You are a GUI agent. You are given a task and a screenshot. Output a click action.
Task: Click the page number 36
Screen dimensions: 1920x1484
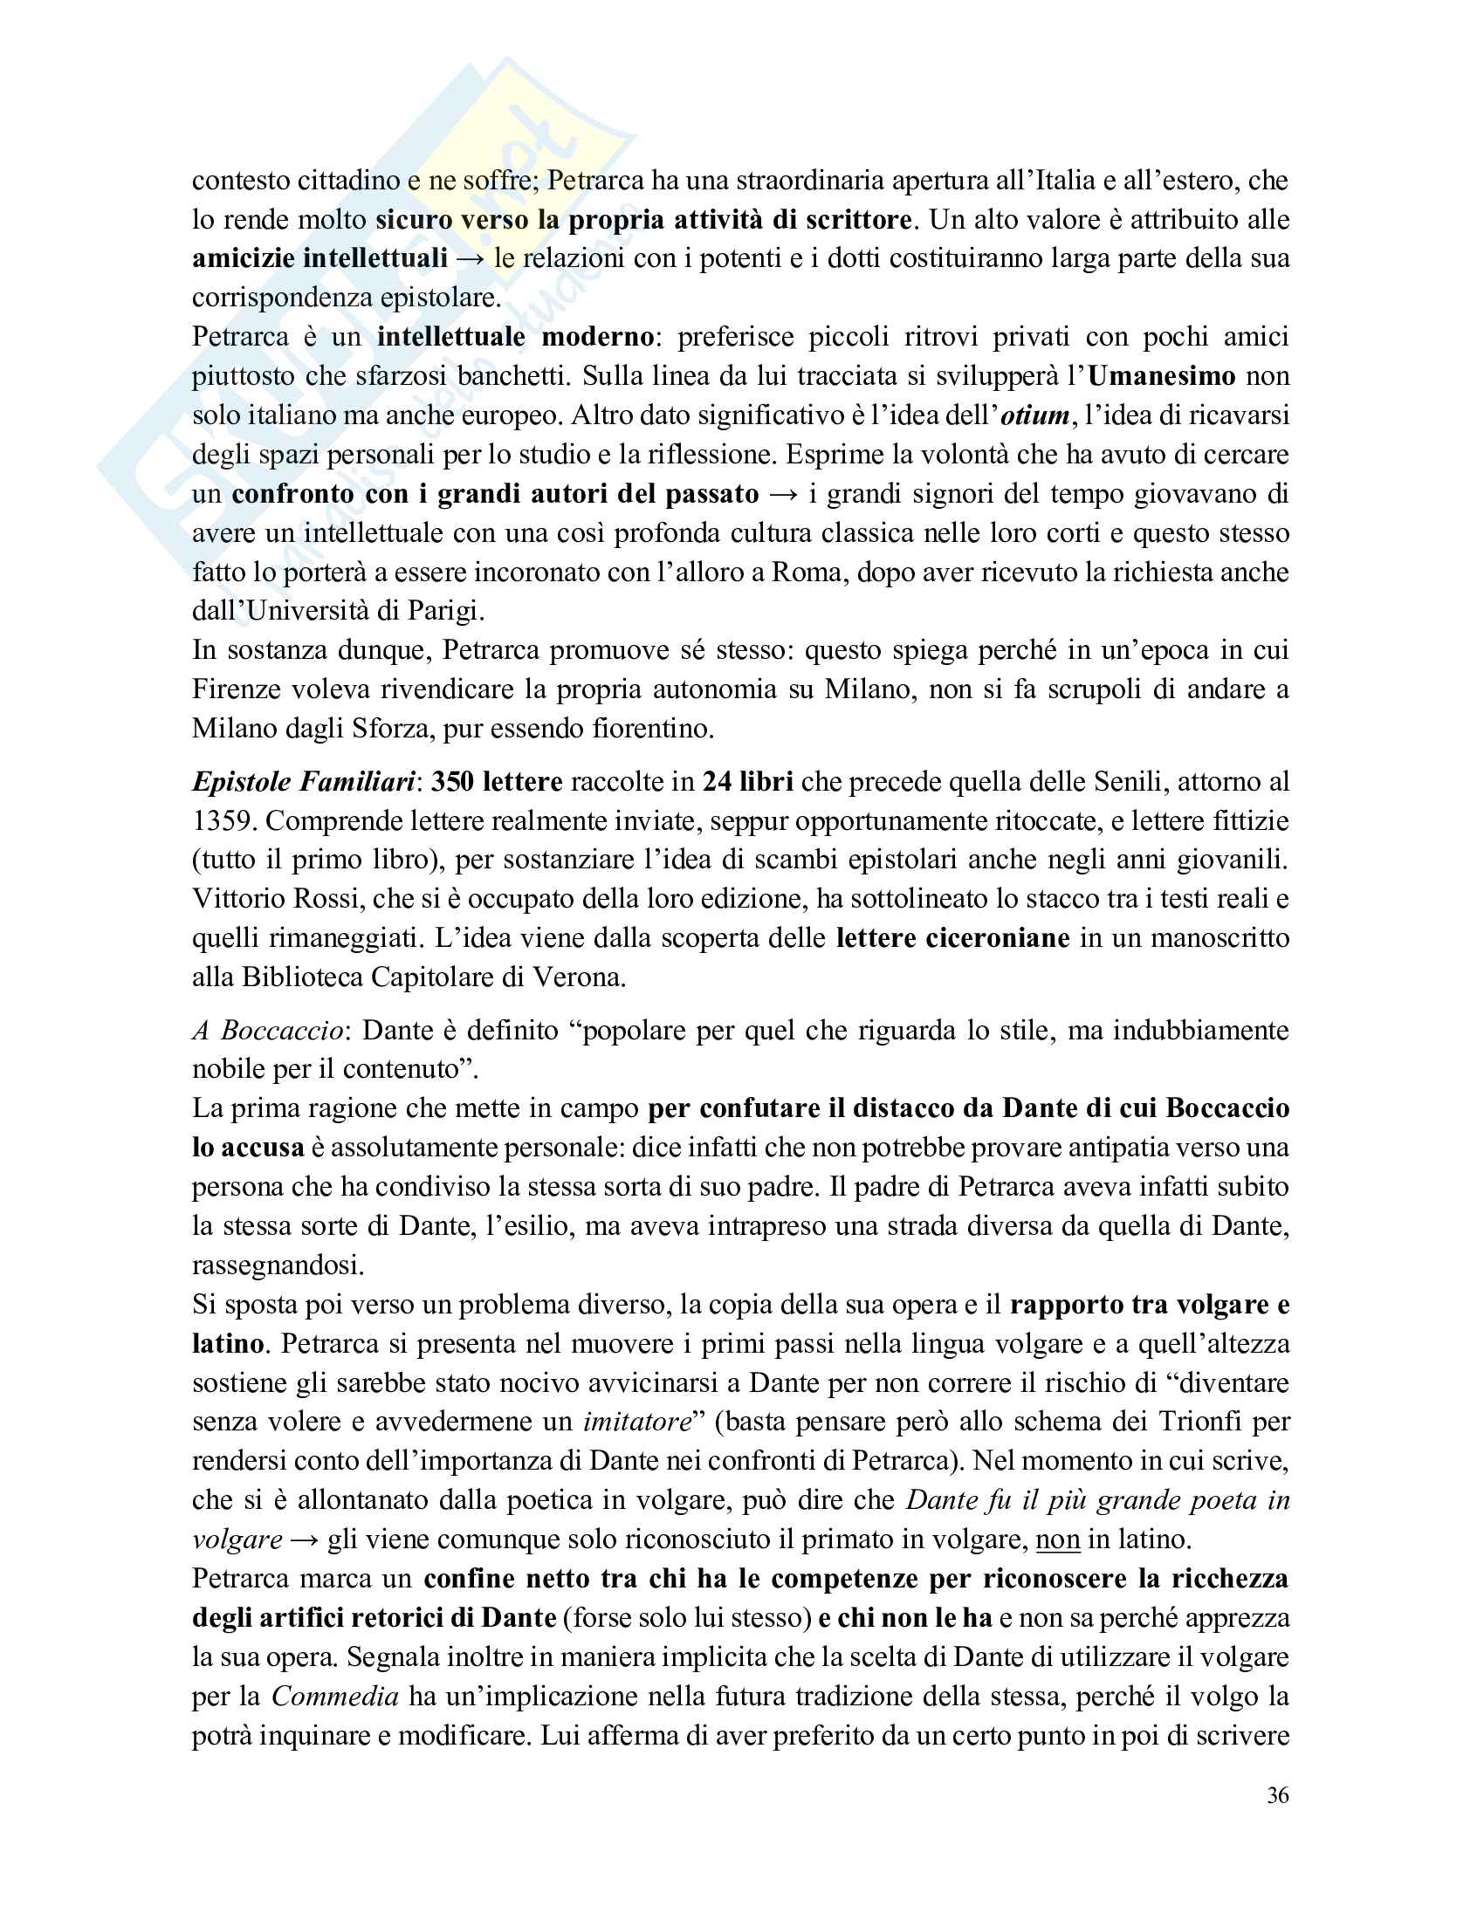[1277, 1795]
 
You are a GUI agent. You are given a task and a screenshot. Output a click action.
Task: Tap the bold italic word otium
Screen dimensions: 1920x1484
[1034, 415]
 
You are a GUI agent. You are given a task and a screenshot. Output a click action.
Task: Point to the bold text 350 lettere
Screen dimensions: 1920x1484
[497, 782]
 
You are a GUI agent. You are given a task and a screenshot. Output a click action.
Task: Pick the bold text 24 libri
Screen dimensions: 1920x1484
[747, 782]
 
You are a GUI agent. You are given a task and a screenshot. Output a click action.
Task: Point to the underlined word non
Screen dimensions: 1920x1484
[1058, 1539]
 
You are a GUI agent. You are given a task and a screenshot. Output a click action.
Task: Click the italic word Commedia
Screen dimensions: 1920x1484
[335, 1696]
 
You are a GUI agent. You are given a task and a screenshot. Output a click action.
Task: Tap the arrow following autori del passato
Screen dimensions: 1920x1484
[782, 494]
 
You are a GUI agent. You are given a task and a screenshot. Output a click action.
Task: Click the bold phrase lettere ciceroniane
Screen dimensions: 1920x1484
[952, 938]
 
